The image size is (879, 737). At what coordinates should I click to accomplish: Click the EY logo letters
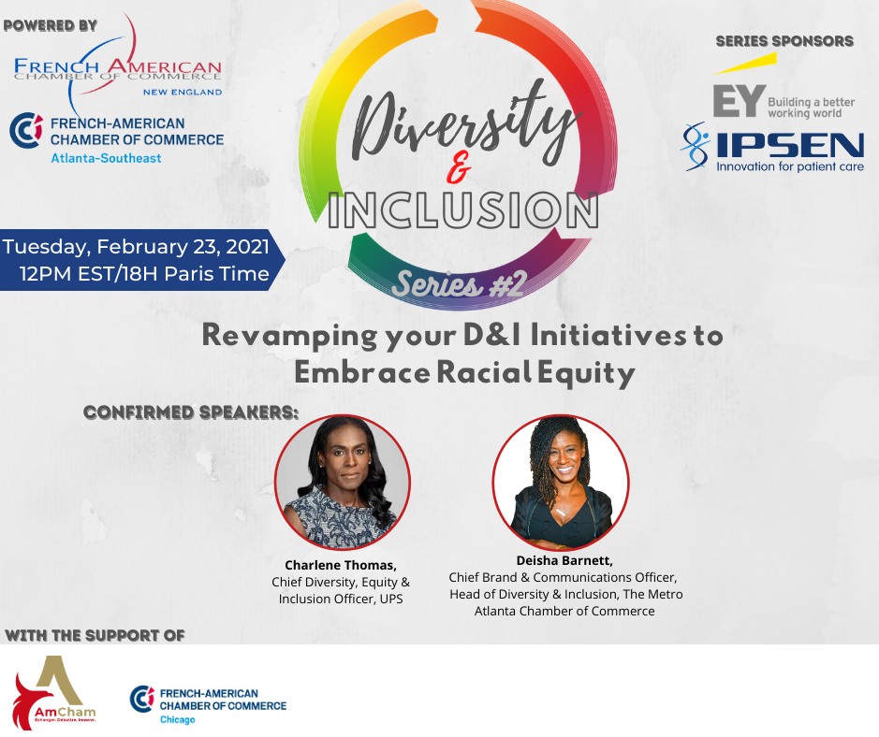click(x=740, y=101)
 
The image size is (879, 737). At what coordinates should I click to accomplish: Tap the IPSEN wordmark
click(x=790, y=146)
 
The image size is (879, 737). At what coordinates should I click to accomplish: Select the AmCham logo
click(x=54, y=692)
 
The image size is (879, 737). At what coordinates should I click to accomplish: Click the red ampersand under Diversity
click(x=459, y=167)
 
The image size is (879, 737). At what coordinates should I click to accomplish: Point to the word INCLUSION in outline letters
click(x=463, y=210)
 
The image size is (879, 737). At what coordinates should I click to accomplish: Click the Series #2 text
click(x=459, y=284)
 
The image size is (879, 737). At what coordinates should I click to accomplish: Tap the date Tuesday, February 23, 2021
click(x=137, y=246)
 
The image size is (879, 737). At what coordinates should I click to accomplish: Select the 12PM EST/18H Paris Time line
click(x=145, y=274)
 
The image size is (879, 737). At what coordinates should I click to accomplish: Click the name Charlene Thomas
click(x=341, y=565)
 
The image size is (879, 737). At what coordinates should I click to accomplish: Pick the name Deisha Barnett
click(x=564, y=560)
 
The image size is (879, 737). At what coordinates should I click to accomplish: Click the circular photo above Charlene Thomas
click(x=343, y=483)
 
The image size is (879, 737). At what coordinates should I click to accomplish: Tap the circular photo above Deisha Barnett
click(x=561, y=483)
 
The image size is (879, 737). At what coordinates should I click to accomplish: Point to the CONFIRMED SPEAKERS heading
click(x=191, y=412)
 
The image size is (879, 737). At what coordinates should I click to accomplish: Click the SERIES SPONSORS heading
click(x=784, y=41)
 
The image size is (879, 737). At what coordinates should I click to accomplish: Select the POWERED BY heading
click(x=51, y=26)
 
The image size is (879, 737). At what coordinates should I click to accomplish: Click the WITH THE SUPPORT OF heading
click(x=95, y=636)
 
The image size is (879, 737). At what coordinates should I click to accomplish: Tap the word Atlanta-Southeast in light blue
click(x=106, y=158)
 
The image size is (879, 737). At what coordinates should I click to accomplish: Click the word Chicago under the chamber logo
click(x=178, y=719)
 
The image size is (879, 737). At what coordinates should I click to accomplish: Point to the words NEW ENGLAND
click(x=183, y=92)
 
